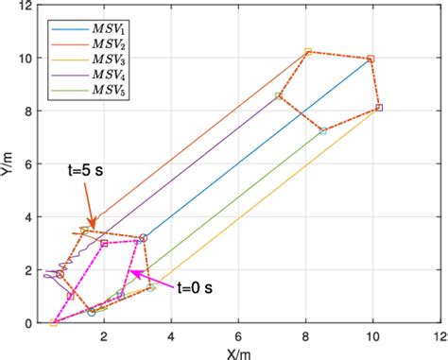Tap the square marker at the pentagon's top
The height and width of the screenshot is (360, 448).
308,51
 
